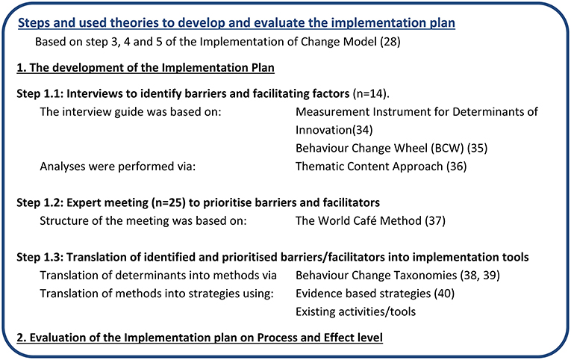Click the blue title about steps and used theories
click(x=237, y=23)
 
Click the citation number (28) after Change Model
click(x=390, y=42)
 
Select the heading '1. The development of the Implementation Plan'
click(x=146, y=68)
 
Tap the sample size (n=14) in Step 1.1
click(x=369, y=93)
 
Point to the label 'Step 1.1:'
click(x=40, y=93)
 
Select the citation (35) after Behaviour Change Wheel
click(x=478, y=149)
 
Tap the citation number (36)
click(x=456, y=167)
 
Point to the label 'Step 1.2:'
click(x=40, y=202)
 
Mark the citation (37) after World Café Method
click(x=435, y=221)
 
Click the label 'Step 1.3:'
click(x=40, y=257)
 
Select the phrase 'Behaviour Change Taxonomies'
click(x=376, y=276)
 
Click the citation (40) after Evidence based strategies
click(x=444, y=294)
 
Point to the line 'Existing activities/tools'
click(x=355, y=312)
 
